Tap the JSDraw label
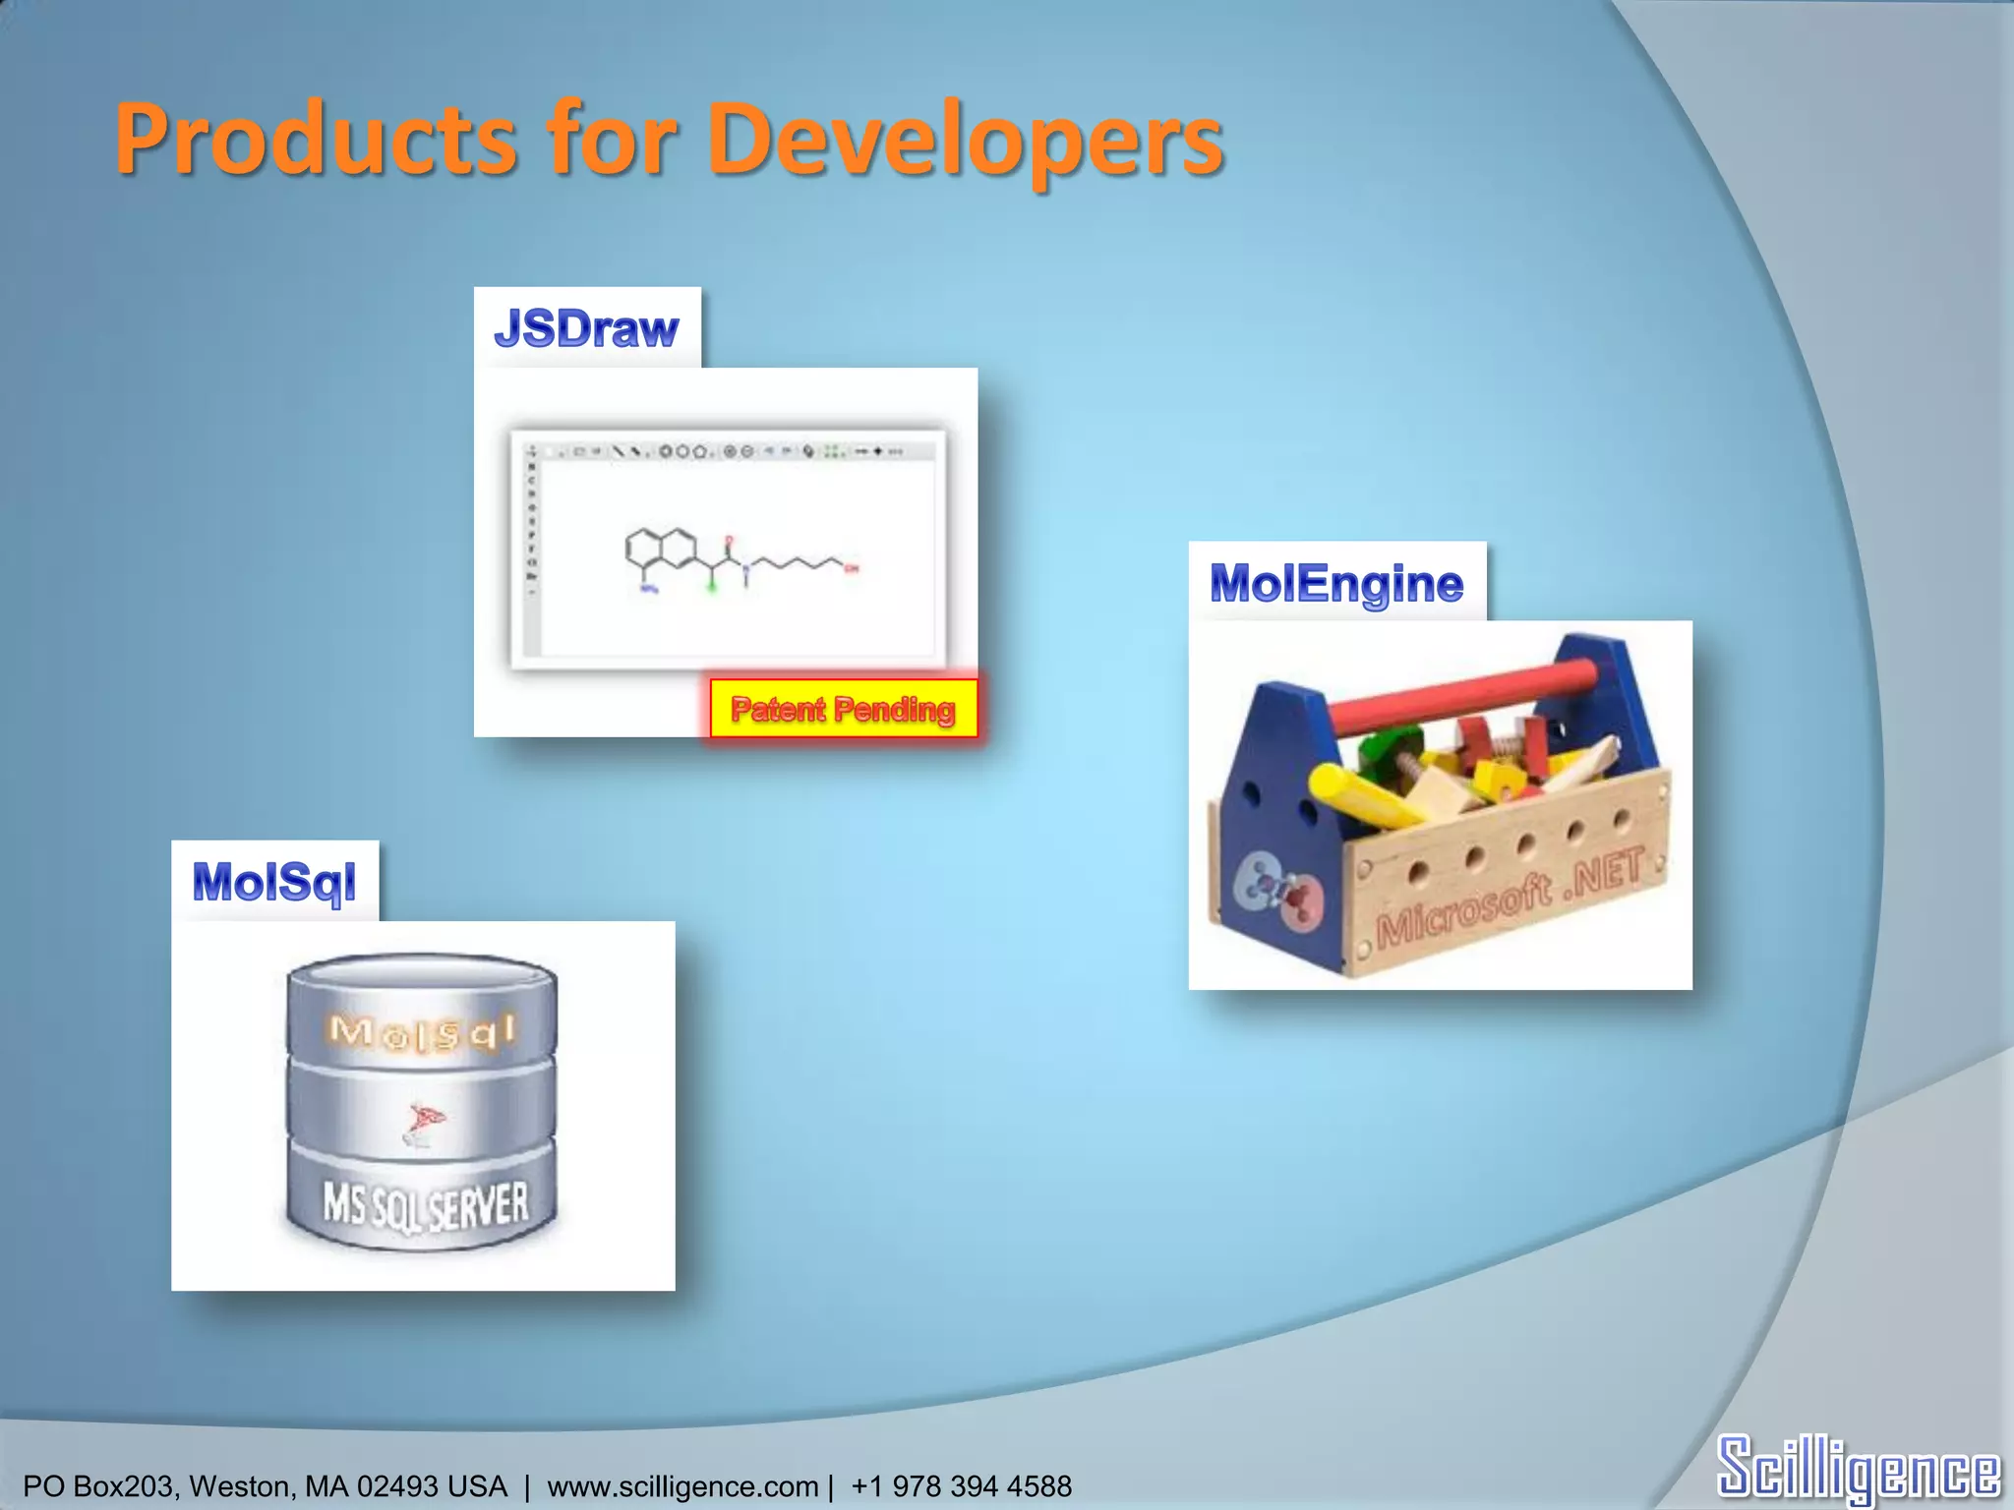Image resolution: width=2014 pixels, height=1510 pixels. (x=586, y=328)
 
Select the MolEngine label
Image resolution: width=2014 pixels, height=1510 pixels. (x=1336, y=583)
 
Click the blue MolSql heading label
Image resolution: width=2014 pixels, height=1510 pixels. (x=274, y=881)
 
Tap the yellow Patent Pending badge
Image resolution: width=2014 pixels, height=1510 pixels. (x=844, y=709)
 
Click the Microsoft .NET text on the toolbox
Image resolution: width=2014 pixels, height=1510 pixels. (x=1509, y=899)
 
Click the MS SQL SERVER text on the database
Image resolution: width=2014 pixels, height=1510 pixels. (x=425, y=1205)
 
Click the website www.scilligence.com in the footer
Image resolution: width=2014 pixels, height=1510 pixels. (x=682, y=1486)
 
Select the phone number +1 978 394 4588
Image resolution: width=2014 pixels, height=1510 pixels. (x=961, y=1486)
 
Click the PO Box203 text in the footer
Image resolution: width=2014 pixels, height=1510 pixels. (x=97, y=1486)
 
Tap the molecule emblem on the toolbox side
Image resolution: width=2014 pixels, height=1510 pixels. (x=1279, y=890)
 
